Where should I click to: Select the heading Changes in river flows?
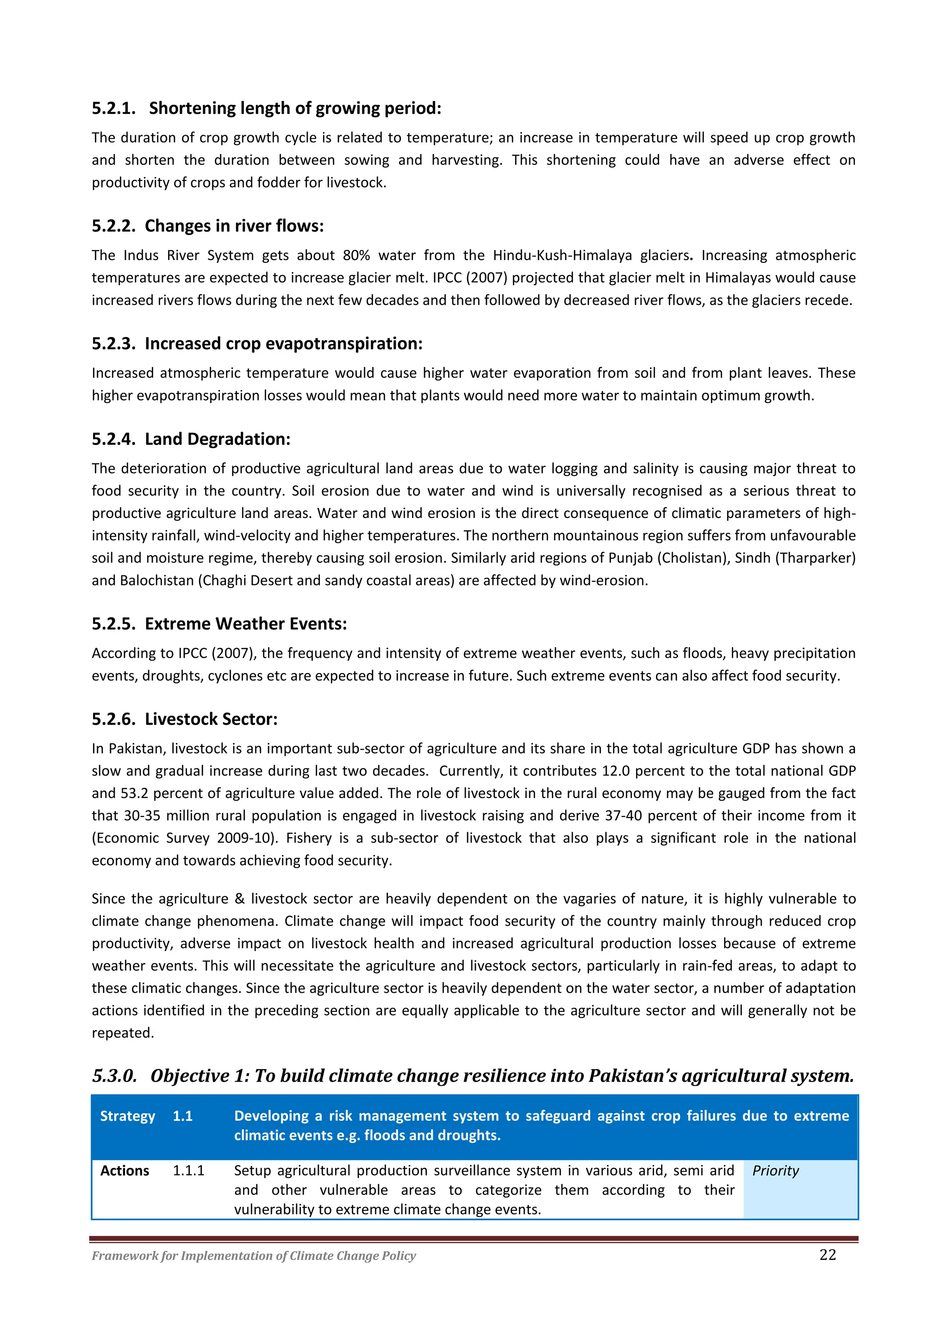point(233,226)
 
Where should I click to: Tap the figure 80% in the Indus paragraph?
point(356,256)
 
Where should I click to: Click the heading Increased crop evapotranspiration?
point(283,344)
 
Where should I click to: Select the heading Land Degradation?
point(217,439)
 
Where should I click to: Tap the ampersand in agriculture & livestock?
point(239,899)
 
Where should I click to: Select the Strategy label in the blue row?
point(127,1116)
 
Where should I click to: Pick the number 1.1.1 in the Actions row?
point(188,1171)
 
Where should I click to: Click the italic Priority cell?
point(775,1171)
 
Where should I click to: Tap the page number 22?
point(827,1255)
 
